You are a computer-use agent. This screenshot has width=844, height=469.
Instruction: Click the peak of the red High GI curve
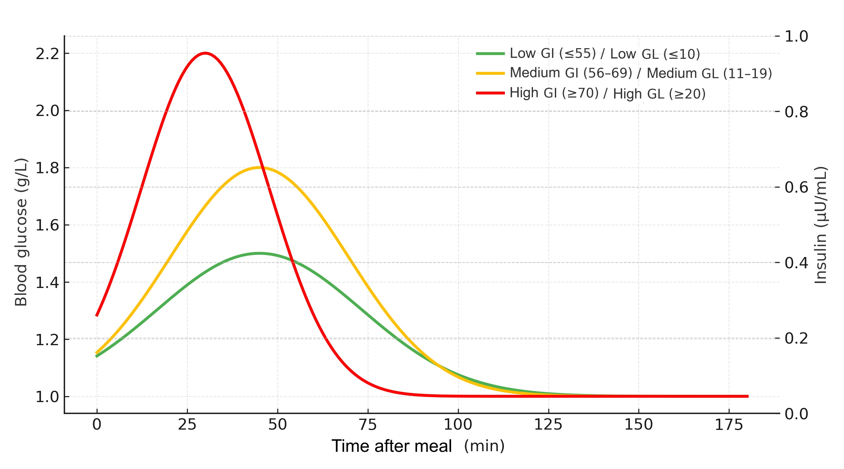(x=205, y=53)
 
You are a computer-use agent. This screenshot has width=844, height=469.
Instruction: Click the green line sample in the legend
(x=490, y=53)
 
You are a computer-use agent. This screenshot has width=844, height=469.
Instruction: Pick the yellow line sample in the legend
(x=490, y=73)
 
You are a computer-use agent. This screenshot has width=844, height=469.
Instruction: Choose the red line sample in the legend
(x=490, y=93)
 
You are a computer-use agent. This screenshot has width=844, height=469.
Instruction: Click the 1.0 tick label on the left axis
(x=48, y=397)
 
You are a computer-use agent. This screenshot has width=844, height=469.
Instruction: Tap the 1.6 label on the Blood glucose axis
(x=48, y=225)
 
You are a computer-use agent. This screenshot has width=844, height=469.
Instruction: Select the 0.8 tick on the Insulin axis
(x=796, y=112)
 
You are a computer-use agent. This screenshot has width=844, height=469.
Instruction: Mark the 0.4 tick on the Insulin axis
(x=796, y=263)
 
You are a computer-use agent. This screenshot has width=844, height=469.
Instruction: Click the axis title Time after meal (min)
(x=418, y=446)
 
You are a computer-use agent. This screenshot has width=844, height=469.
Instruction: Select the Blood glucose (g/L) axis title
(x=21, y=232)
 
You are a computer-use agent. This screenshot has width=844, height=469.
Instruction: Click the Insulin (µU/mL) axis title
(x=821, y=225)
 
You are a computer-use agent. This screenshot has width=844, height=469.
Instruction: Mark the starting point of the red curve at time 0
(x=97, y=315)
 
